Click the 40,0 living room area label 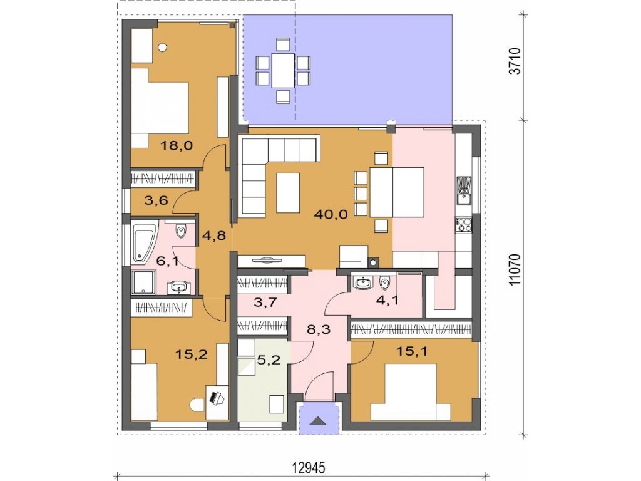331,214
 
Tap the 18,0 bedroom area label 176,145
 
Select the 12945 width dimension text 309,467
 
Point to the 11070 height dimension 516,270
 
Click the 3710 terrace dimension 516,61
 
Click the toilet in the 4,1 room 384,282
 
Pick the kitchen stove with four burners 464,225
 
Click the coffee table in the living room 288,193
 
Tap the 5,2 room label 269,360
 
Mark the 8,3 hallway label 319,329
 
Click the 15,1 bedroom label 412,351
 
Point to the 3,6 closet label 156,200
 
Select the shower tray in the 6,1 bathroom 143,282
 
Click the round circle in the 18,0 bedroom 162,48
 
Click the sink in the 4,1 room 363,283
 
